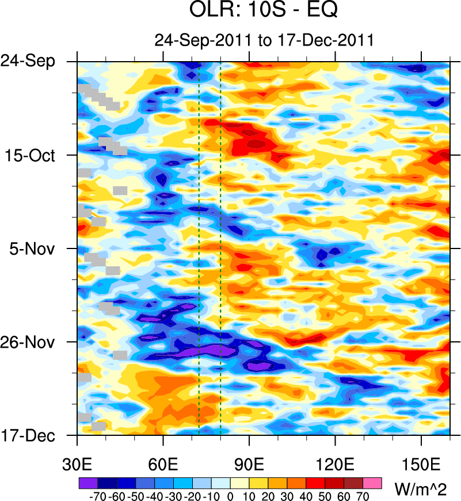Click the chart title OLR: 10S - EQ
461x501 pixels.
click(264, 11)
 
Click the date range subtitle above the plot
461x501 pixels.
click(264, 40)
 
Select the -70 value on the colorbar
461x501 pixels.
click(97, 496)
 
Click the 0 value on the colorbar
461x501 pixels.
click(230, 496)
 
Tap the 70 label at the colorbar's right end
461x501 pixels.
click(364, 496)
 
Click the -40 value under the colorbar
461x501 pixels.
click(154, 496)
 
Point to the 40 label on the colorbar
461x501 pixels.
click(306, 496)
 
